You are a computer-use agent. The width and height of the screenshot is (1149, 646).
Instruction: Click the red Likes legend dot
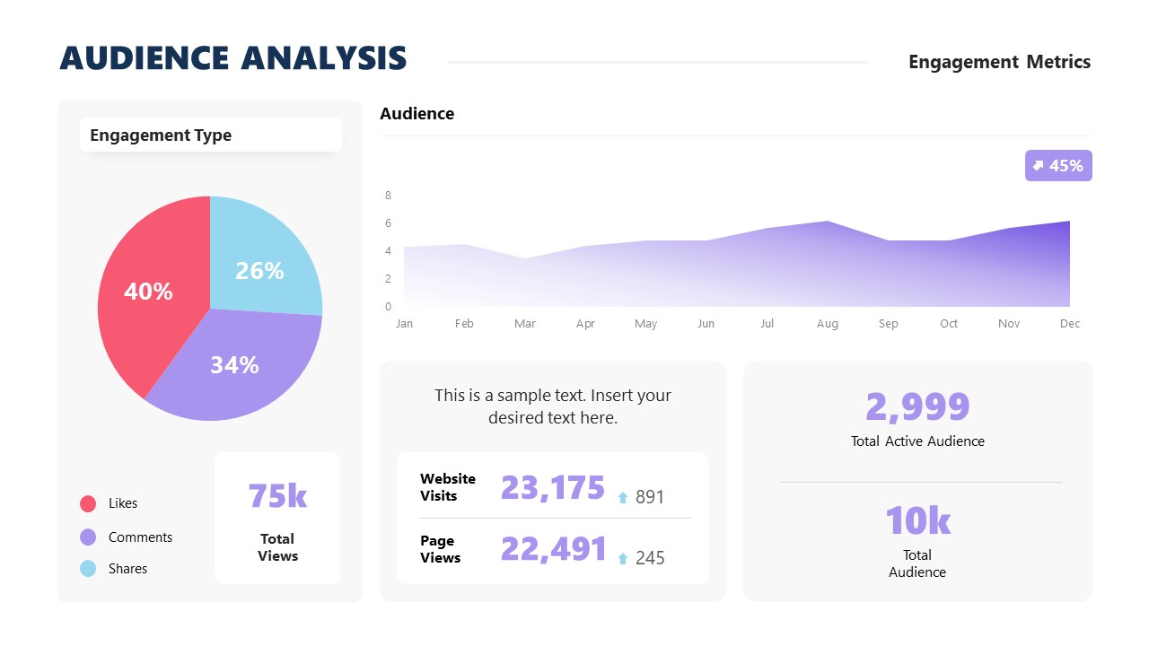88,503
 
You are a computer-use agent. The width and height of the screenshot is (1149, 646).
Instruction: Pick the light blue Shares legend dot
88,568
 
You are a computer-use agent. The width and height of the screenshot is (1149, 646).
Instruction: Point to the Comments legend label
140,537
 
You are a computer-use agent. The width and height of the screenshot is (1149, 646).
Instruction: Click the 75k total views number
277,495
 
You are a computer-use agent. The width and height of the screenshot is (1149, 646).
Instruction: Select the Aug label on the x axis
828,323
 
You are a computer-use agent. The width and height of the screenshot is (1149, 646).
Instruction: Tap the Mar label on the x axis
525,323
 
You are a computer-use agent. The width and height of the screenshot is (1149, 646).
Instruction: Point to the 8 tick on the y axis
388,195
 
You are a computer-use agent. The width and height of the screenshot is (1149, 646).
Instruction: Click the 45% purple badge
1058,165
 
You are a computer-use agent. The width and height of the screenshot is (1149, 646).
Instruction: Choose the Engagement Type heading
161,135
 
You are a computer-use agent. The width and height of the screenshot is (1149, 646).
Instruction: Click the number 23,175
553,487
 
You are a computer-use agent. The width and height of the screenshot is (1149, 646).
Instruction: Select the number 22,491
554,548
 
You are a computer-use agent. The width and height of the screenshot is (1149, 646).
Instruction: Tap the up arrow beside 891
623,497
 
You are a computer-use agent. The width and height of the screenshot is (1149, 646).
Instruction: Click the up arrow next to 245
623,558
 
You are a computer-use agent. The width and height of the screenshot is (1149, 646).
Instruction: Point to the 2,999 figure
917,406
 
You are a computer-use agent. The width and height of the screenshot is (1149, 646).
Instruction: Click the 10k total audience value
917,520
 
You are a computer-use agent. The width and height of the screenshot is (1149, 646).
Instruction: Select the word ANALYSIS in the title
323,58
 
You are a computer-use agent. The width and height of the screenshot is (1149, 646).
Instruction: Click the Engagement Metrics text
999,62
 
